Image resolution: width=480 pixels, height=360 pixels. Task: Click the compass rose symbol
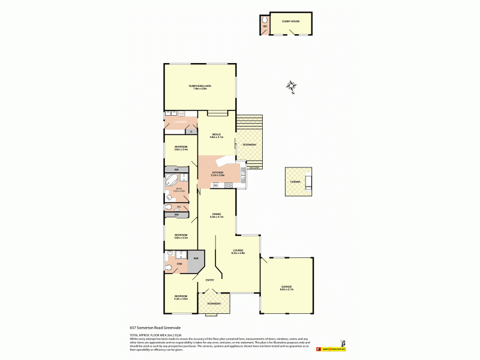[x=292, y=87]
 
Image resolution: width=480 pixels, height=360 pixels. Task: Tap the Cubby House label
[x=291, y=21]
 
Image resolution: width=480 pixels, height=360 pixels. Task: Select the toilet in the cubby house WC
[x=265, y=19]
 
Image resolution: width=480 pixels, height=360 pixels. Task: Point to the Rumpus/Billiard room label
[x=200, y=86]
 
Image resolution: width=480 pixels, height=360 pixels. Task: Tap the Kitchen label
[x=218, y=173]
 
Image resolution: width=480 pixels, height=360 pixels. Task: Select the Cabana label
[x=296, y=181]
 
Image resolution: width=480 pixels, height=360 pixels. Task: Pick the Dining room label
[x=217, y=214]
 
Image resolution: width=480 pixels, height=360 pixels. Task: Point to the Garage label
[x=286, y=287]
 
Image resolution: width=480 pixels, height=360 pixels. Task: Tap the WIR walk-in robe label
[x=196, y=259]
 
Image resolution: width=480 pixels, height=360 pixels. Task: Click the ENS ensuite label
[x=179, y=263]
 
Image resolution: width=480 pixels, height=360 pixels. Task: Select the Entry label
[x=210, y=280]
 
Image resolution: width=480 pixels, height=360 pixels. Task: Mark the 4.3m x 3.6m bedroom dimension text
[x=181, y=298]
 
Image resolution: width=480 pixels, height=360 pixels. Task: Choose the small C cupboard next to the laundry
[x=191, y=131]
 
